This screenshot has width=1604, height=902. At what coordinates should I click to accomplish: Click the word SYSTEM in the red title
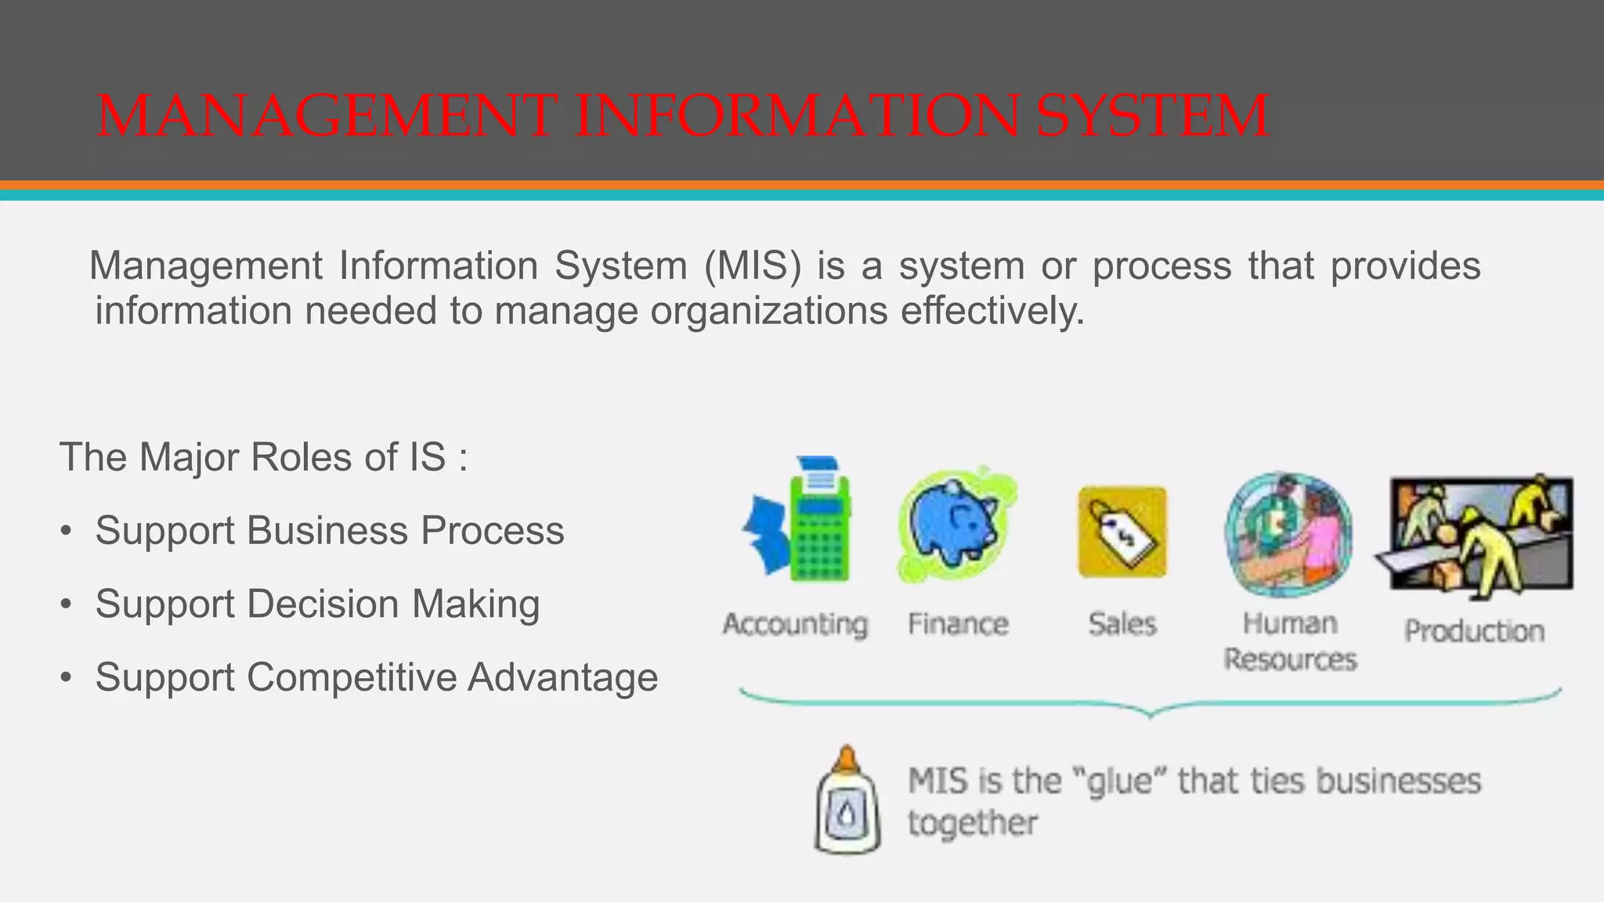1152,116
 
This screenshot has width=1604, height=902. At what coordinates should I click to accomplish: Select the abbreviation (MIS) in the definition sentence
753,265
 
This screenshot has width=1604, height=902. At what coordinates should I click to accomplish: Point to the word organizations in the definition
769,311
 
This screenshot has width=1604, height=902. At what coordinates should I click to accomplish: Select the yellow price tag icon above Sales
1122,532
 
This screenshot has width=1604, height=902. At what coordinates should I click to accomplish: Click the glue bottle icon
847,801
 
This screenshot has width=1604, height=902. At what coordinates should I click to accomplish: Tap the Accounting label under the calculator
795,625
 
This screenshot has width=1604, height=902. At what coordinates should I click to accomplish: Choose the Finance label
958,625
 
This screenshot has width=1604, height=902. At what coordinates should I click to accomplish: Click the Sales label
1122,625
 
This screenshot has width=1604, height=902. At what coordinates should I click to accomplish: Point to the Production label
1474,631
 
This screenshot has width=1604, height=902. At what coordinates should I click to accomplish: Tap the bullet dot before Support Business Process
67,532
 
